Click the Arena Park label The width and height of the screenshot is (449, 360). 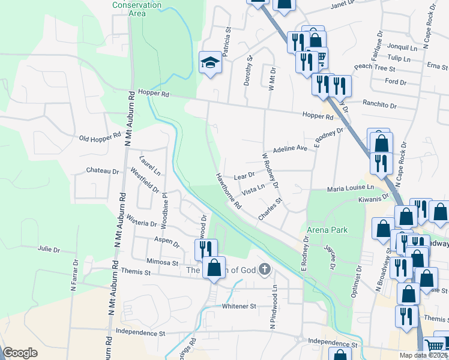(x=327, y=230)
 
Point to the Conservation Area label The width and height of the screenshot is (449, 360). (x=137, y=9)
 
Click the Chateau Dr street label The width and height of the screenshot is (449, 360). (x=103, y=171)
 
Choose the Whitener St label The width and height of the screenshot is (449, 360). (x=239, y=306)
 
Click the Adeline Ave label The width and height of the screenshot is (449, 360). (x=291, y=149)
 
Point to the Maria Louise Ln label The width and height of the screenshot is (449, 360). (x=351, y=188)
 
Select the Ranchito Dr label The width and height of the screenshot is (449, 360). (x=379, y=105)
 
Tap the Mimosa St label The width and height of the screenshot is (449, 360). (x=163, y=262)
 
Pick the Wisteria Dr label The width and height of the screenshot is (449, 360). (x=142, y=223)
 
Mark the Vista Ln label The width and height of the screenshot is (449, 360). (x=253, y=192)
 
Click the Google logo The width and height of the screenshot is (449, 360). (x=20, y=353)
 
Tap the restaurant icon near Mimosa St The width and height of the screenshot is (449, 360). (x=204, y=248)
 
